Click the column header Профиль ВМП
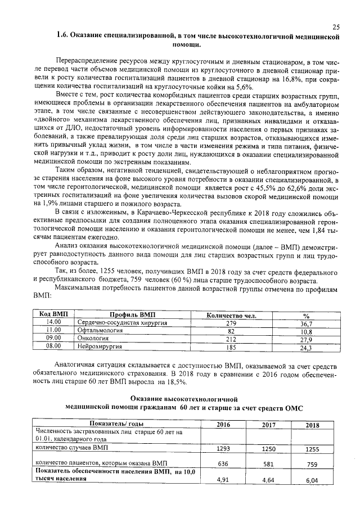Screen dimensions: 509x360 [x=132, y=315]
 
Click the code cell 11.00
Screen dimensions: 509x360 [x=53, y=331]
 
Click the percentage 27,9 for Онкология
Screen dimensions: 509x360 [x=306, y=340]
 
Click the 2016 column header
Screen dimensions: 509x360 [x=223, y=425]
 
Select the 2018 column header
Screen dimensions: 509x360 [x=312, y=425]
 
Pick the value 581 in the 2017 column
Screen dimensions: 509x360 [x=269, y=465]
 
